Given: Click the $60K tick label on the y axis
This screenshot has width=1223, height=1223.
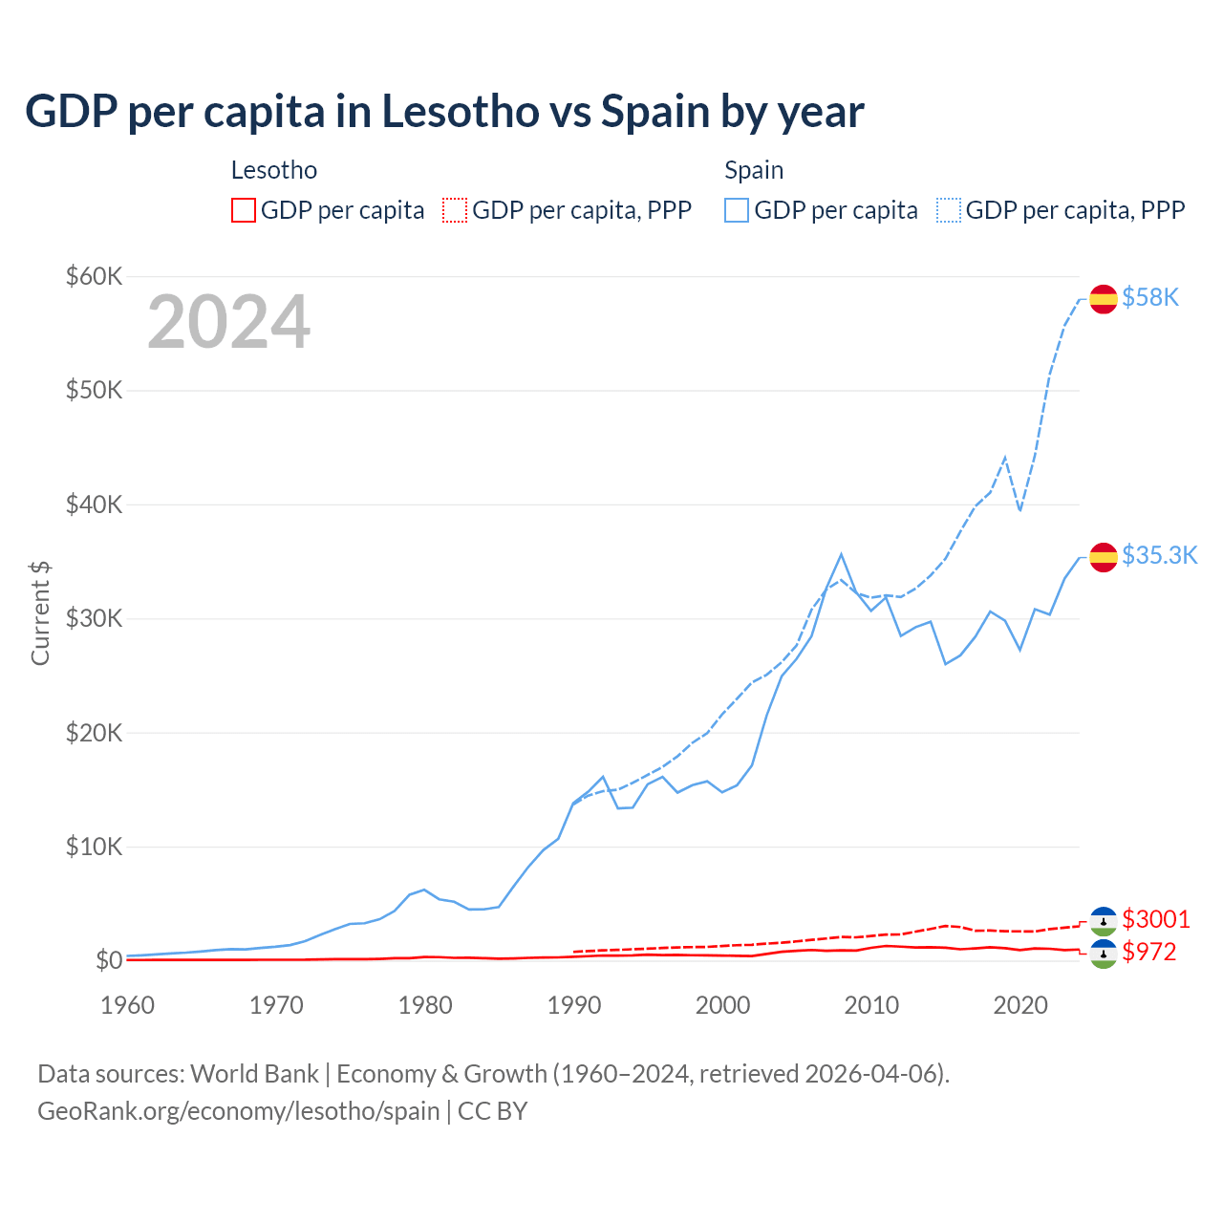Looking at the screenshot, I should tap(94, 277).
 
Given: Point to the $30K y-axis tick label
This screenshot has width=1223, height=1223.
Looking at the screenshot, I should tap(94, 618).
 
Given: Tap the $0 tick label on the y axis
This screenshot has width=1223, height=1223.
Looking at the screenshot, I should tap(108, 960).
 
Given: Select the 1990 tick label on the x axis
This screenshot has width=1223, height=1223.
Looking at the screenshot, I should tap(574, 1005).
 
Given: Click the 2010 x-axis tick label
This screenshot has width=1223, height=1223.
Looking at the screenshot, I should tap(871, 1005).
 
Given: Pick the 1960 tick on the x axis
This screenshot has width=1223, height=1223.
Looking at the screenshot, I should tap(128, 1005).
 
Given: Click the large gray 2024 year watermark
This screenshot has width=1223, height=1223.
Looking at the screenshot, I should tap(228, 322).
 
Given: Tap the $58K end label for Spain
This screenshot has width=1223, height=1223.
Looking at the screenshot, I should tap(1150, 298).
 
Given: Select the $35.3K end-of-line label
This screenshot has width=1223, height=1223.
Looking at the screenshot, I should tap(1159, 556).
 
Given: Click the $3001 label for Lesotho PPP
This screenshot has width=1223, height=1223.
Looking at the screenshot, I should tap(1156, 919).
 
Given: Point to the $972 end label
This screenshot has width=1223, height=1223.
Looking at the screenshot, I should tap(1149, 952).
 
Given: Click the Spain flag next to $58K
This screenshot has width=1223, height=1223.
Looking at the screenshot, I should tap(1104, 299).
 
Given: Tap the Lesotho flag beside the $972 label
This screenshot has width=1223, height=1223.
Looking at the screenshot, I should tap(1104, 954).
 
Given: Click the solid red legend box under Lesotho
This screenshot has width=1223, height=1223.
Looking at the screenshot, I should tap(244, 210).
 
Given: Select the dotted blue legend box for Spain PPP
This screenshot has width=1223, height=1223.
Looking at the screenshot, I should tap(949, 210).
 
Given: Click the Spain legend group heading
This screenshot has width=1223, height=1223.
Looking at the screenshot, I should tap(754, 170).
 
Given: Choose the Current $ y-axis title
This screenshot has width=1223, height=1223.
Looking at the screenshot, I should tap(40, 613).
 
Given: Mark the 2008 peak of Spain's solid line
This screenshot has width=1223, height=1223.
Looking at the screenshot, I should tap(841, 554).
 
